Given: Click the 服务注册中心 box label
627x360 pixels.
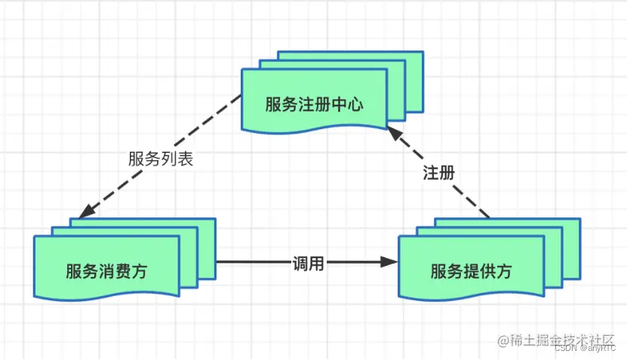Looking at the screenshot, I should pos(314,104).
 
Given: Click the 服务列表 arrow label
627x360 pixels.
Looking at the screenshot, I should pos(161,159).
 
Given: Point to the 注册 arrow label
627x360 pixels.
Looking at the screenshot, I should pos(438,172).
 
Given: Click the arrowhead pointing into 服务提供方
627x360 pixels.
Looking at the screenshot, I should pos(389,263).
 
